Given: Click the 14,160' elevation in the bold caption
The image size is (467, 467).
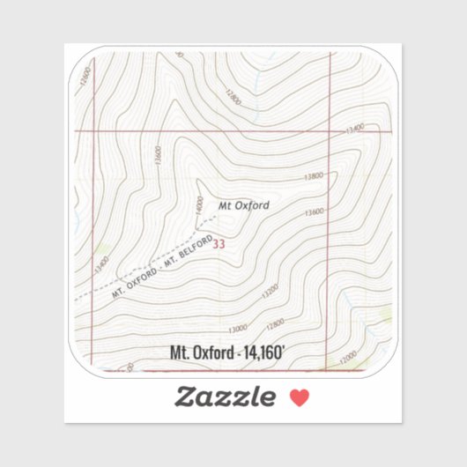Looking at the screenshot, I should [261, 352].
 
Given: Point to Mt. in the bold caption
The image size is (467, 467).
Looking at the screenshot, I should [180, 352].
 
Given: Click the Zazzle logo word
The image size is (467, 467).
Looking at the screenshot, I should [225, 397].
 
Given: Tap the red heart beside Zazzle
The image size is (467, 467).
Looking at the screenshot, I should [300, 398].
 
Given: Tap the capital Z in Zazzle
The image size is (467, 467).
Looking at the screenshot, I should [185, 397].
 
